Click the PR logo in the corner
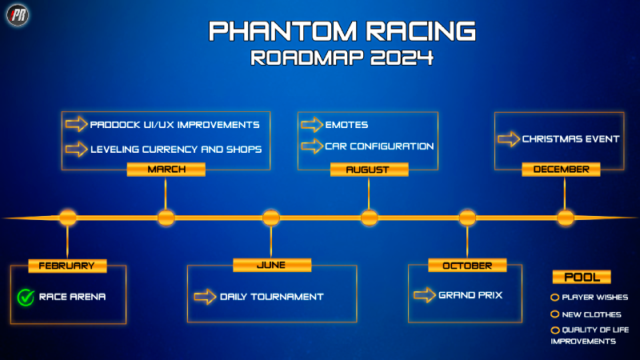[x=18, y=15]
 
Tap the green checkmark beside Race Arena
[x=26, y=297]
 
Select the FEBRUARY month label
[x=67, y=266]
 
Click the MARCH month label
[x=166, y=170]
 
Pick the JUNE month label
[x=272, y=265]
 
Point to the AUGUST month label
[x=369, y=170]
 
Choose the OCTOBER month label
[x=467, y=266]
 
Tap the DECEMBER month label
[x=561, y=170]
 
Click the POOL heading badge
[x=582, y=277]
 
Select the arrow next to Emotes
[x=312, y=125]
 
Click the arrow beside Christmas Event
[x=509, y=138]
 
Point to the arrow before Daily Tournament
[x=205, y=297]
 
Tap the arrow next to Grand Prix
[x=425, y=294]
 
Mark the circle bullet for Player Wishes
[x=554, y=297]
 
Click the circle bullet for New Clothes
[x=554, y=314]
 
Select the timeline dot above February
[x=68, y=218]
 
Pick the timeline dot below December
[x=566, y=218]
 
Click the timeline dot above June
[x=271, y=218]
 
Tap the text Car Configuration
[x=379, y=146]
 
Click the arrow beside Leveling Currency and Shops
[x=76, y=149]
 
